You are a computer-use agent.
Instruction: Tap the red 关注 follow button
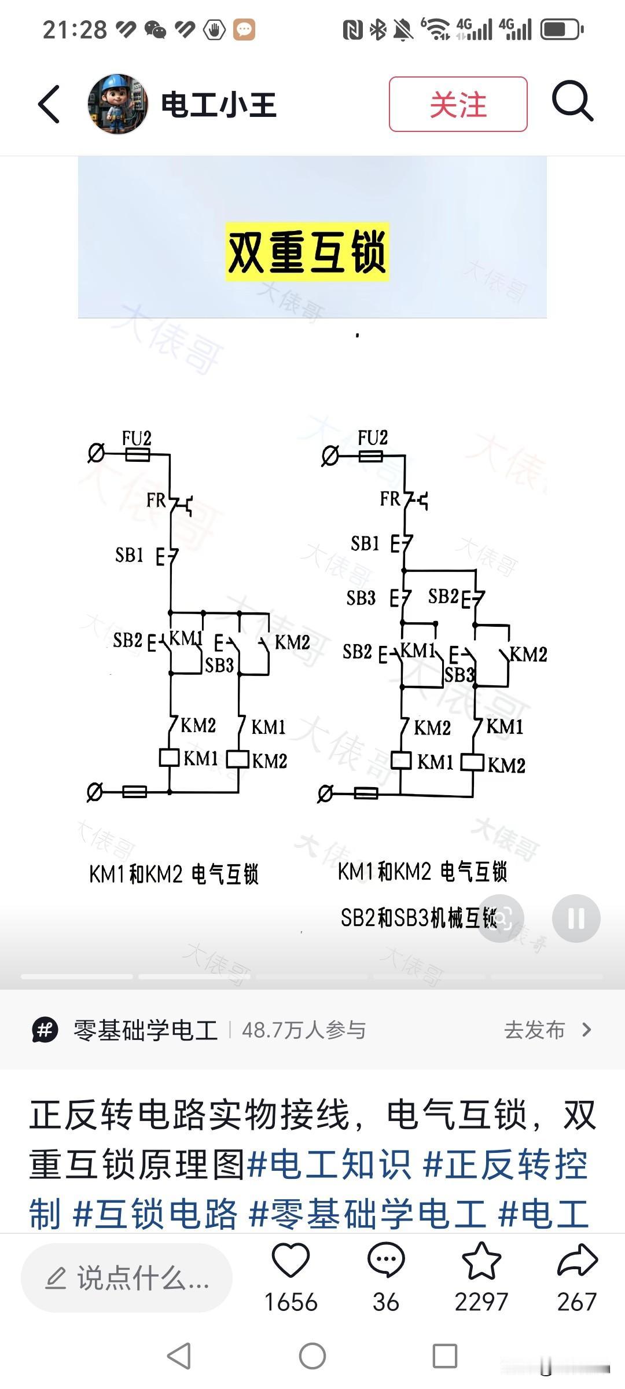point(458,104)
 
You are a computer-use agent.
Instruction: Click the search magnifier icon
point(572,102)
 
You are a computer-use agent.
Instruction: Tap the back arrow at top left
point(49,104)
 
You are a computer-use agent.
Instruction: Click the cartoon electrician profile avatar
point(117,104)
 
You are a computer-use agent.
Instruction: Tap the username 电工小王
point(218,105)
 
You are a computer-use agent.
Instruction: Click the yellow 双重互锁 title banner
point(307,252)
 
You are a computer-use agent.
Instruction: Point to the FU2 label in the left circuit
point(137,438)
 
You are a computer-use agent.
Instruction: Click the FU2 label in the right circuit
point(372,438)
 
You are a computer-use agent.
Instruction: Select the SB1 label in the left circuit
point(129,555)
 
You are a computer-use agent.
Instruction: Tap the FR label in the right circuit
point(390,498)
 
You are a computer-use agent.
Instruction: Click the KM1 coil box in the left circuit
point(170,758)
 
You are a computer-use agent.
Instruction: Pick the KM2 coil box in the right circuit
point(472,762)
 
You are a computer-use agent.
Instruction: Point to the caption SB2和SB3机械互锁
point(418,918)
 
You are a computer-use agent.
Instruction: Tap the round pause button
point(576,918)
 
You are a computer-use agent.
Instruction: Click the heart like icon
point(291,1262)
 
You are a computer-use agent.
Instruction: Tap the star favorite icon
point(481,1262)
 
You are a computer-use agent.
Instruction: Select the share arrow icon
point(576,1262)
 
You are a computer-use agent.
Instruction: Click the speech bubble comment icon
point(385,1262)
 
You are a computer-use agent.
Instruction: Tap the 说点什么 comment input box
point(127,1278)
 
